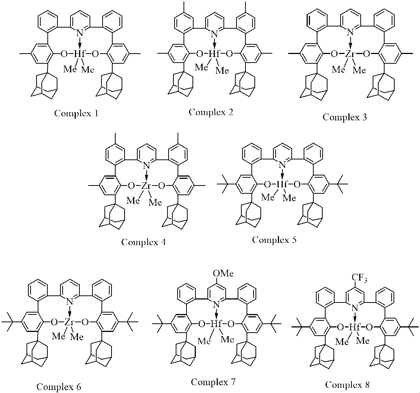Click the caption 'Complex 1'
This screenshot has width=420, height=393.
tap(76, 113)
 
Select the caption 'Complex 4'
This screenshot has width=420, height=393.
tap(143, 242)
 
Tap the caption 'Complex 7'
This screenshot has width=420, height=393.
tap(214, 382)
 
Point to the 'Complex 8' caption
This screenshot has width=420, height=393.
tap(348, 384)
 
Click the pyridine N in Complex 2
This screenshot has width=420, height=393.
tap(214, 34)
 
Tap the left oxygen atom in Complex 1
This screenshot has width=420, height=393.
tap(64, 54)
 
